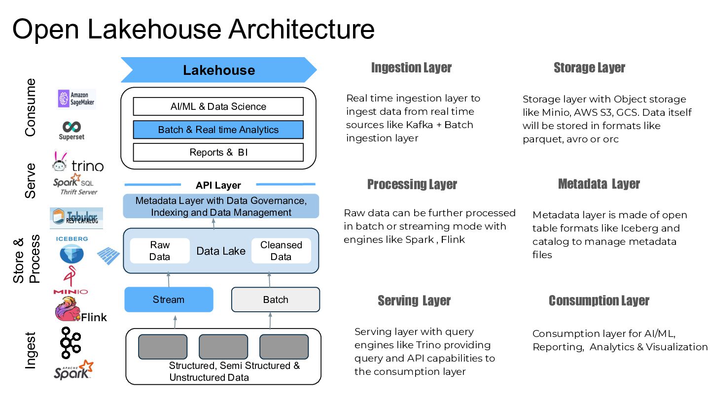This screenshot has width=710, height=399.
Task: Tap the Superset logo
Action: click(x=71, y=130)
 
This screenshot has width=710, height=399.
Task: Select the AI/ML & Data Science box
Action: click(x=218, y=106)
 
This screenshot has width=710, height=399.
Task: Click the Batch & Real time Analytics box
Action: click(x=218, y=130)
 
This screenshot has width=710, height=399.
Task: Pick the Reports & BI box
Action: click(x=218, y=152)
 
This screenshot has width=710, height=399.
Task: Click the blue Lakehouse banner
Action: click(x=218, y=70)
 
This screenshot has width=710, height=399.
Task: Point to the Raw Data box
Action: click(x=160, y=251)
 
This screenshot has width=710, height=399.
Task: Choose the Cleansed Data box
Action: click(x=281, y=251)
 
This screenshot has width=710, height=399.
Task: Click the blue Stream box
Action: click(x=169, y=299)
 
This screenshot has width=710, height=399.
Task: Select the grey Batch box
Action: click(x=276, y=299)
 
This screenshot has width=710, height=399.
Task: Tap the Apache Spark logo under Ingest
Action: click(x=73, y=370)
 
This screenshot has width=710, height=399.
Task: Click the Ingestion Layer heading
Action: click(x=411, y=67)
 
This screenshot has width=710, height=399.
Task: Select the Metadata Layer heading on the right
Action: click(x=599, y=184)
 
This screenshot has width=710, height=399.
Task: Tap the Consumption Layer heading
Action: click(x=599, y=300)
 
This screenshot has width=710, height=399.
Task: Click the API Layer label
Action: click(x=218, y=185)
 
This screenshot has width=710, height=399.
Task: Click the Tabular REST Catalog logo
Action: click(x=76, y=218)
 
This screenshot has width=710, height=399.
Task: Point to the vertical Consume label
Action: click(x=31, y=107)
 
